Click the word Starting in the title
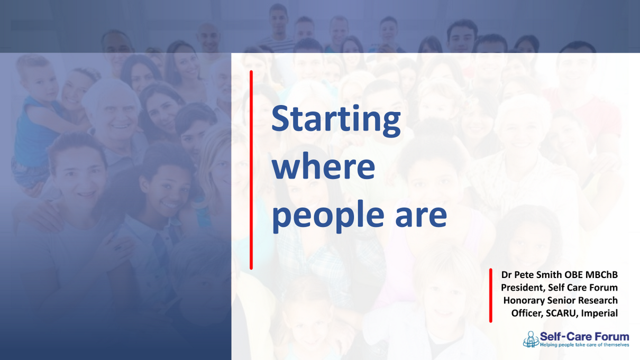click(x=336, y=120)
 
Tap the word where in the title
click(x=323, y=167)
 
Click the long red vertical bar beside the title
click(x=251, y=169)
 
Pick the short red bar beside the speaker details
click(x=491, y=295)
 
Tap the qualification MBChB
click(x=602, y=275)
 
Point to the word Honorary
click(x=524, y=300)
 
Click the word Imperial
click(x=599, y=313)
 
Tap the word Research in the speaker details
click(x=597, y=300)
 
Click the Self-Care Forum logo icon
click(x=531, y=339)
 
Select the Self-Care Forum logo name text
click(x=584, y=336)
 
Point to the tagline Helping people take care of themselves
click(x=584, y=345)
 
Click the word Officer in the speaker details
click(x=527, y=313)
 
